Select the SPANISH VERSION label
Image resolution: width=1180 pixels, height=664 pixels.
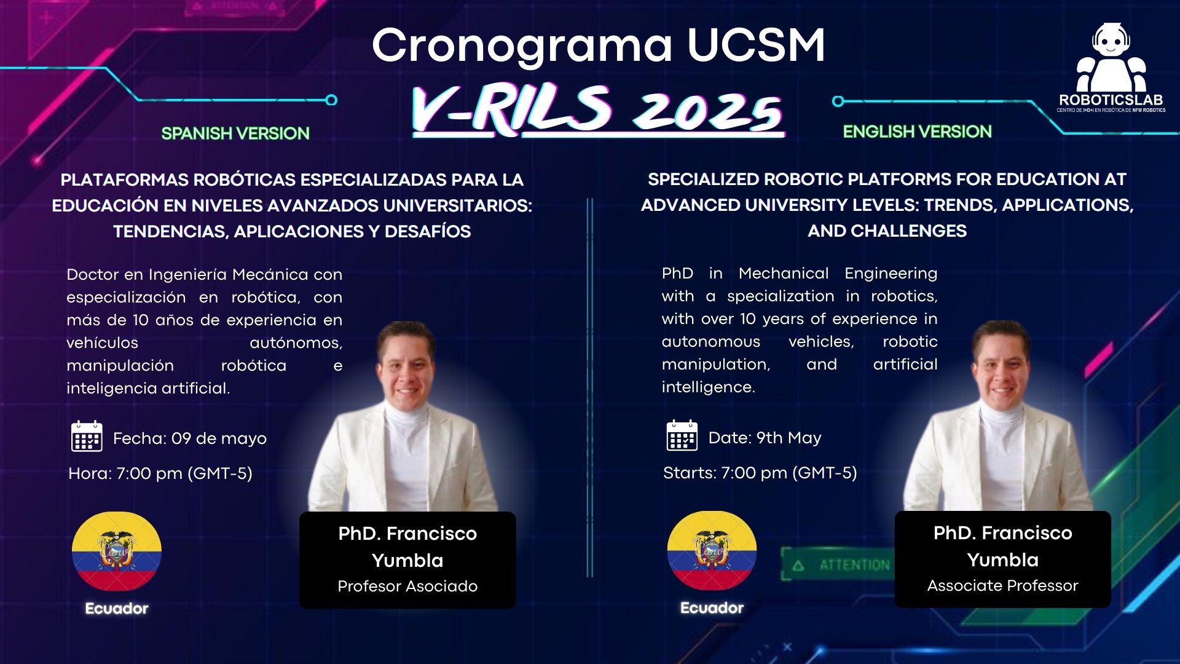point(235,133)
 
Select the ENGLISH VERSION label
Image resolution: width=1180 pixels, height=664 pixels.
point(917,132)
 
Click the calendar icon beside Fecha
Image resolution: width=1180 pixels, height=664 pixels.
point(87,437)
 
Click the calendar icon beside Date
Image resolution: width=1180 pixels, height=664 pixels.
point(682,436)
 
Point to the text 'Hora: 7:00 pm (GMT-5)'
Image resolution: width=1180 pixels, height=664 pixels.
point(160,473)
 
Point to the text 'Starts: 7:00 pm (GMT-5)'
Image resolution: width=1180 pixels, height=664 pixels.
point(760,473)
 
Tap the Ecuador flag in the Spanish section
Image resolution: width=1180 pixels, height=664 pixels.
point(117,551)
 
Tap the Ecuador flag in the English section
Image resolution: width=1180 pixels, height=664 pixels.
point(712,550)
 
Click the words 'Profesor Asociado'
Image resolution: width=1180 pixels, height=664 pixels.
point(407,586)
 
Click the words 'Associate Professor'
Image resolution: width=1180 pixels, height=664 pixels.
point(1002,585)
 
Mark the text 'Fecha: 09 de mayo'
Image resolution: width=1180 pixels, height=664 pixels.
point(189,438)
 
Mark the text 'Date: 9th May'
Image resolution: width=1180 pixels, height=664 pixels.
point(765,438)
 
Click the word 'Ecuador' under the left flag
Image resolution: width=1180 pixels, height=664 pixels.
point(117,609)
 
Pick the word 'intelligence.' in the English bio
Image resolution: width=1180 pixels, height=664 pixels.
point(708,387)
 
